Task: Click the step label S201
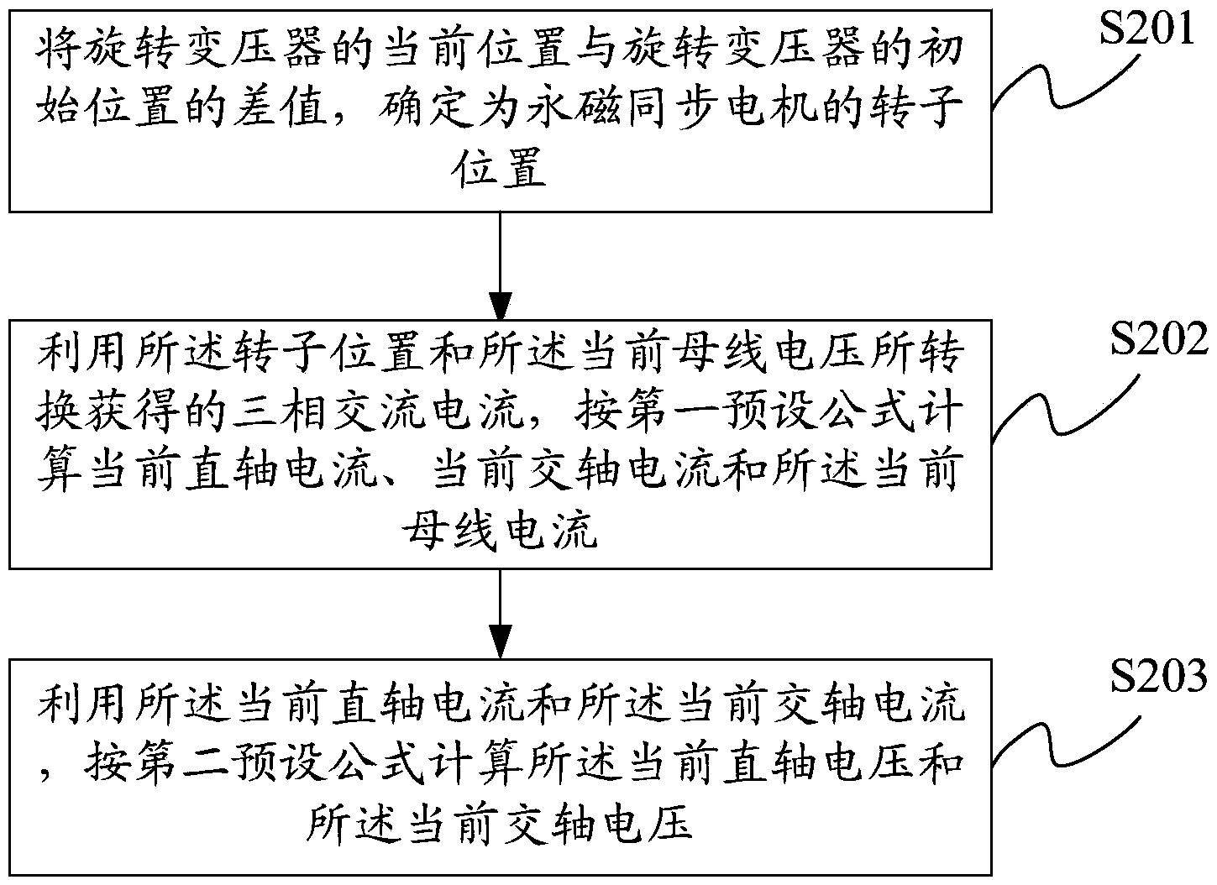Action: [1146, 29]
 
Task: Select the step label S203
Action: [1158, 676]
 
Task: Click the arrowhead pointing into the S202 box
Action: [500, 306]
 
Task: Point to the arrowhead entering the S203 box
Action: [500, 643]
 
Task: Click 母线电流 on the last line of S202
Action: [500, 528]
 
